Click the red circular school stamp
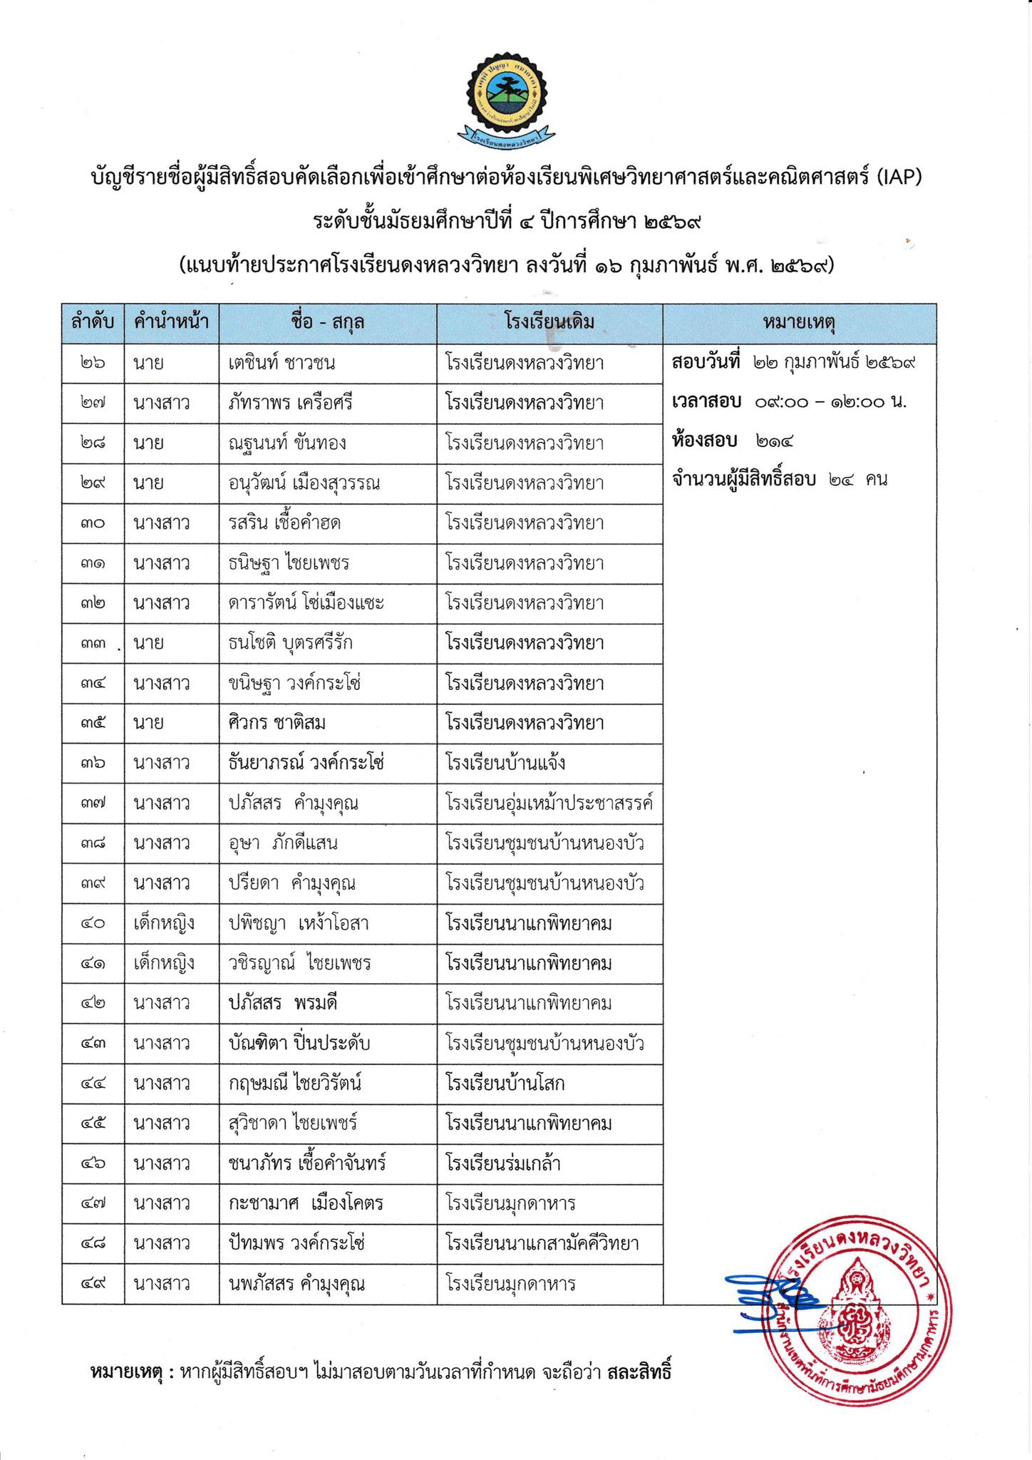click(x=857, y=1313)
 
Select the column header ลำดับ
click(x=93, y=322)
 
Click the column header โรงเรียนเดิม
click(x=549, y=322)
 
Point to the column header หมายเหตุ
click(x=799, y=322)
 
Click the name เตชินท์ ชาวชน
click(x=277, y=363)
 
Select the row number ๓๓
click(x=93, y=643)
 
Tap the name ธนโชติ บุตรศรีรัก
click(x=286, y=643)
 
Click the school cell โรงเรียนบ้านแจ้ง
click(x=506, y=763)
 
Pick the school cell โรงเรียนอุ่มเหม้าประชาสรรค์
click(x=549, y=803)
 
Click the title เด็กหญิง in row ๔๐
click(x=163, y=923)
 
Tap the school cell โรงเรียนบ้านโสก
click(x=505, y=1084)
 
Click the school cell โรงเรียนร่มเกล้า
click(x=503, y=1163)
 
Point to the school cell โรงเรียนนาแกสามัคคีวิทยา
click(x=542, y=1243)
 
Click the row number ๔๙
click(x=93, y=1284)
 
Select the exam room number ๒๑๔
click(x=773, y=441)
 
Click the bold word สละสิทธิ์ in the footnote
click(x=639, y=1372)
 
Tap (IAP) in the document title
click(x=899, y=176)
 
